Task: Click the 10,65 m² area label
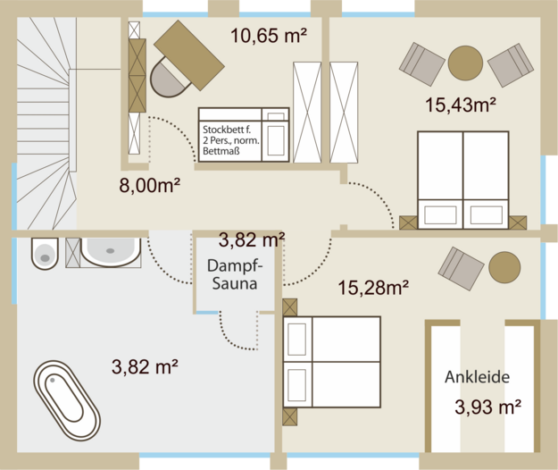269,36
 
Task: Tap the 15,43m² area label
461,105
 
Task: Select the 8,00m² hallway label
149,185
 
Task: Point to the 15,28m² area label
373,288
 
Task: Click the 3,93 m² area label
487,407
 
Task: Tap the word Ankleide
478,377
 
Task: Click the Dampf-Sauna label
235,275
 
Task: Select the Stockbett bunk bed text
231,140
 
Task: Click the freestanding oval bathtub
67,400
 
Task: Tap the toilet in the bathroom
45,253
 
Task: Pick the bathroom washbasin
111,252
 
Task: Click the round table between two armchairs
465,63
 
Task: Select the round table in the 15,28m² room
504,267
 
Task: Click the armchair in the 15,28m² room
461,268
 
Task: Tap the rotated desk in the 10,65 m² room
189,55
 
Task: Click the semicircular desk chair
168,79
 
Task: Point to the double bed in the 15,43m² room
463,180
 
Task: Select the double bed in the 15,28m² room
331,362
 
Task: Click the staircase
46,123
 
